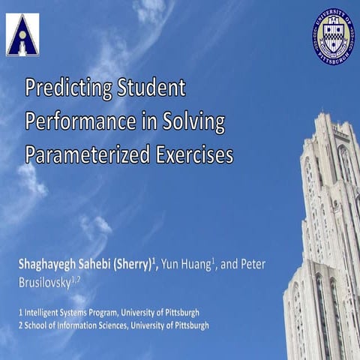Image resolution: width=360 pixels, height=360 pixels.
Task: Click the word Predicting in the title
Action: (x=68, y=88)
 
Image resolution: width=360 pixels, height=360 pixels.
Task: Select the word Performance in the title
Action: (x=76, y=121)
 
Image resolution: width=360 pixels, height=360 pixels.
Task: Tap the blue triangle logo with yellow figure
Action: (x=22, y=34)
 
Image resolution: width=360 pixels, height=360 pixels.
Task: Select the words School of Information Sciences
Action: (x=76, y=325)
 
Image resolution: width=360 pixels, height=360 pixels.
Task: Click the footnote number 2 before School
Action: (x=21, y=325)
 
